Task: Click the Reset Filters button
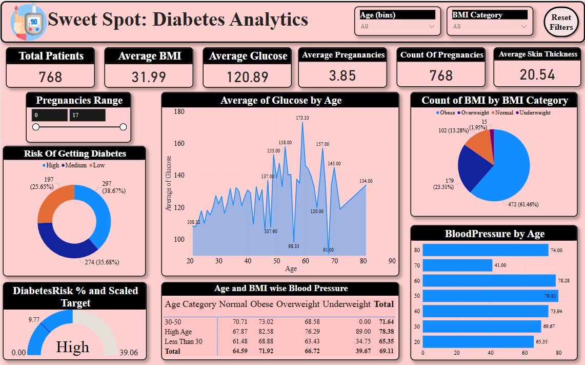pos(561,23)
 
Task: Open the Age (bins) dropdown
pos(397,26)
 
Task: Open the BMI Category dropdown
pos(490,26)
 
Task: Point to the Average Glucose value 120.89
pos(248,77)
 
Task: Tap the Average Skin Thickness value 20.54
pos(537,75)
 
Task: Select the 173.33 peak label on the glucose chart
pos(302,118)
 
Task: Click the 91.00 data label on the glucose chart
pos(328,250)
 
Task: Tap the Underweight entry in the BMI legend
pos(535,112)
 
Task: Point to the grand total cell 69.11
pos(386,351)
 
